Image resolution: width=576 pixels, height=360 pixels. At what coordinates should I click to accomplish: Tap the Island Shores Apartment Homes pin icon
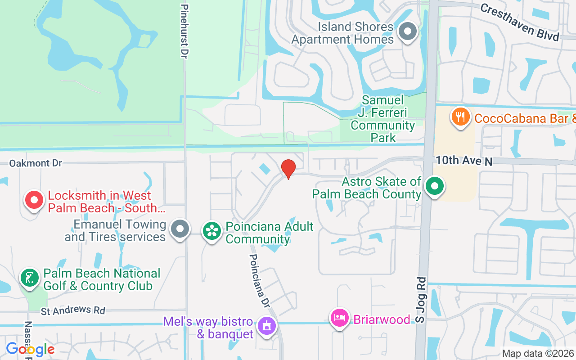coord(408,32)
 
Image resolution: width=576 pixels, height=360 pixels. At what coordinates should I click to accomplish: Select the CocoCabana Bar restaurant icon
coord(460,117)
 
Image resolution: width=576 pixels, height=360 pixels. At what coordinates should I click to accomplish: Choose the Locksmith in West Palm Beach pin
coord(34,200)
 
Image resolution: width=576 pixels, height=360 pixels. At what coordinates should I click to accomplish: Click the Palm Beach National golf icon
coord(30,278)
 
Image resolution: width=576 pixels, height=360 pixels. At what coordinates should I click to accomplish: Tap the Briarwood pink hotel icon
coord(339,318)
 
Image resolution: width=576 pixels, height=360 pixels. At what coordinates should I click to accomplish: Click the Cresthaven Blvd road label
coord(519,22)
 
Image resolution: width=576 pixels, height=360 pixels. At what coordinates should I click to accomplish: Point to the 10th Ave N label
coord(463,160)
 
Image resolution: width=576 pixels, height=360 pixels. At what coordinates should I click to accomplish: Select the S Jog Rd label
coord(420,299)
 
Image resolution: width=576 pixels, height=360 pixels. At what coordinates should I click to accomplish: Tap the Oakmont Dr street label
coord(36,163)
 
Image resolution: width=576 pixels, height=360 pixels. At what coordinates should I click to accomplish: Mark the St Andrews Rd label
coord(73,310)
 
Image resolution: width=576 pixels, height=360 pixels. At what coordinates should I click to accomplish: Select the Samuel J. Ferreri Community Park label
coord(383,118)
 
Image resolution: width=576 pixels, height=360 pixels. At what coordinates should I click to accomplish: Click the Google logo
coord(30,349)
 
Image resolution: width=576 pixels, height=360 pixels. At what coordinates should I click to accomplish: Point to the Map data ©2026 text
coord(538,354)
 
